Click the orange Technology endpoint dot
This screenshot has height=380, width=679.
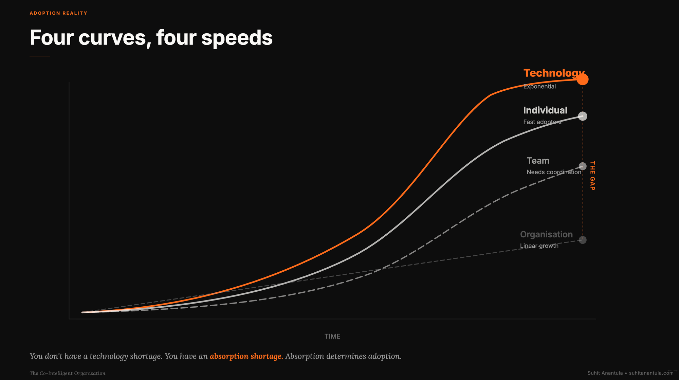[583, 79]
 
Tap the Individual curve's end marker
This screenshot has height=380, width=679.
[583, 116]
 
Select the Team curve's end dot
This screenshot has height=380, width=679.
[583, 166]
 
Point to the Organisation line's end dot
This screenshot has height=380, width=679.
[583, 240]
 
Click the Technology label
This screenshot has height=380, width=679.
[554, 73]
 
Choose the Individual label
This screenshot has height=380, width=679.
[545, 110]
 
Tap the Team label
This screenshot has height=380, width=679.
[538, 161]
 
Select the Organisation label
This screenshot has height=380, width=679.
[546, 234]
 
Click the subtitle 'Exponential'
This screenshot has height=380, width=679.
[539, 87]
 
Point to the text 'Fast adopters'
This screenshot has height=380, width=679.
[542, 122]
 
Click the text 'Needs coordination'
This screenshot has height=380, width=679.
[554, 172]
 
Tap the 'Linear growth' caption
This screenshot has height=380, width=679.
[539, 246]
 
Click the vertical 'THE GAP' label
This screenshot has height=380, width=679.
[592, 176]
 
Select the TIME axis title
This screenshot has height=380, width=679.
[332, 337]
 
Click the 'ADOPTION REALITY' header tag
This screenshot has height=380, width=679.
[58, 13]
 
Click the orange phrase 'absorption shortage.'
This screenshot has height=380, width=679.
[246, 356]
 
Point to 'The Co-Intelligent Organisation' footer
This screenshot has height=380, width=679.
[68, 373]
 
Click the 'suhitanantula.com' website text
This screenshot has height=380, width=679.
[651, 373]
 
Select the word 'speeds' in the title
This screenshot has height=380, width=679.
[237, 38]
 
